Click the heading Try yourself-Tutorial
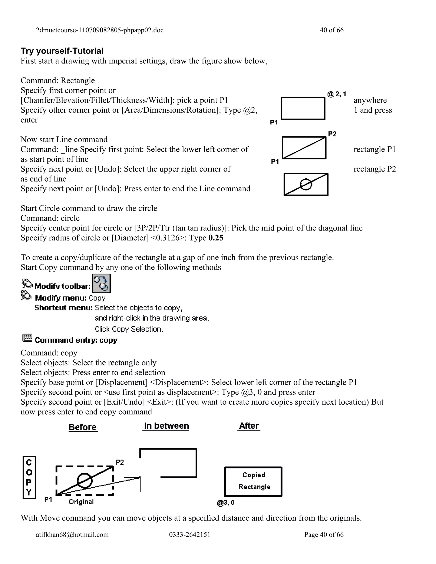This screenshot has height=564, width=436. tap(62, 51)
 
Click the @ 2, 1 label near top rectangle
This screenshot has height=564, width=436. tap(337, 94)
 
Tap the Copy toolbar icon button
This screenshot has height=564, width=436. tap(102, 283)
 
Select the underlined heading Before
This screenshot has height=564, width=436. tap(83, 427)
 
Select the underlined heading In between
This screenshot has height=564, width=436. tap(166, 426)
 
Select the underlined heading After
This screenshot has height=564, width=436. tap(249, 426)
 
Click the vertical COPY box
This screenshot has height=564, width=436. tap(29, 478)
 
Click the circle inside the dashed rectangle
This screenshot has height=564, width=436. tap(85, 481)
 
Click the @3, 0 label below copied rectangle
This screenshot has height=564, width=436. tap(226, 503)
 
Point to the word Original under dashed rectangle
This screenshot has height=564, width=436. tap(81, 502)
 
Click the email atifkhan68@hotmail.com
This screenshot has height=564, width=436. tap(72, 535)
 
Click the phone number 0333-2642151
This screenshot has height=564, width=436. tap(190, 535)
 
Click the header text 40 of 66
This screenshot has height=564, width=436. tap(332, 30)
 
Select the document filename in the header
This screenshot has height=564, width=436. tap(100, 30)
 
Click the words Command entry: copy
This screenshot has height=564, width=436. tap(76, 340)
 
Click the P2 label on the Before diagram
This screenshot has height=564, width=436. tap(120, 462)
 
